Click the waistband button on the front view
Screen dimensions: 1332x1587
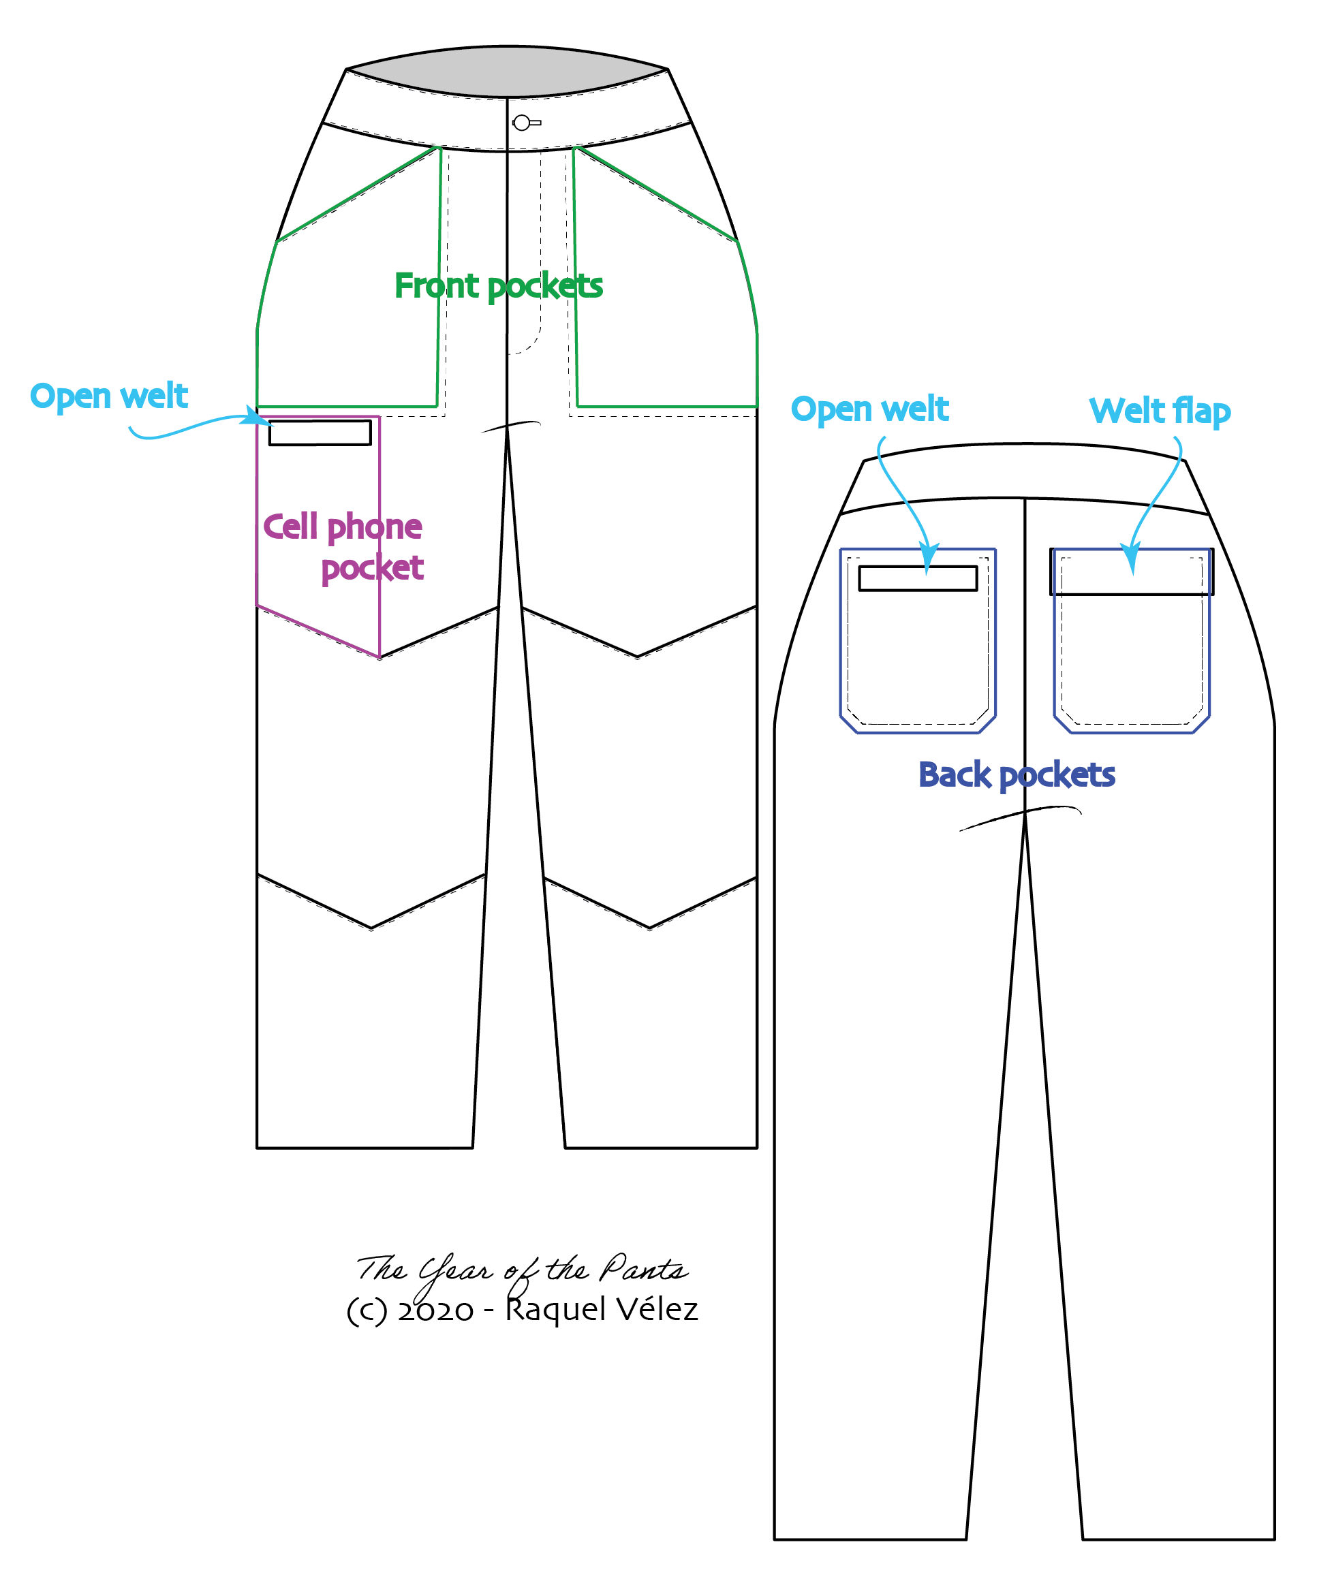(x=522, y=123)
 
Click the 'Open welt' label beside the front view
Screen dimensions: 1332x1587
(x=109, y=396)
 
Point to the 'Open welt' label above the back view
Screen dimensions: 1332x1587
(x=869, y=409)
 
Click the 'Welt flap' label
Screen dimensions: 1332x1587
(x=1160, y=411)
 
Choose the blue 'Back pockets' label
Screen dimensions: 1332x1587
(x=1017, y=775)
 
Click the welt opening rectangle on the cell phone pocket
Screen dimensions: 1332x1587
(x=320, y=433)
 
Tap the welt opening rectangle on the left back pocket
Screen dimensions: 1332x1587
(x=918, y=578)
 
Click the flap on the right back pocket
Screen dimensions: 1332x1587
(x=1132, y=572)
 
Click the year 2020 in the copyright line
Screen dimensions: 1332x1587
(x=435, y=1310)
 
